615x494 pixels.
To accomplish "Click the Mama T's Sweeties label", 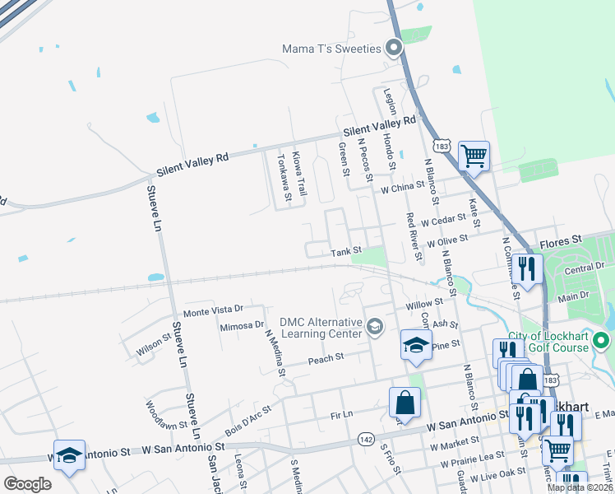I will [x=332, y=49].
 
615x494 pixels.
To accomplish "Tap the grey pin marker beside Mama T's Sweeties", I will [x=394, y=48].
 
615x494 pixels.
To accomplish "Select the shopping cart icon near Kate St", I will [x=474, y=154].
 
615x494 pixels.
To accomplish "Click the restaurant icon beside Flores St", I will [x=526, y=268].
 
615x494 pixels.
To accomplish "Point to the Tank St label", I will [x=346, y=252].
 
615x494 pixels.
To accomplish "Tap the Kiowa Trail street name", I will [x=301, y=175].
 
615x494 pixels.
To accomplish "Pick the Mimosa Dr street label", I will [x=242, y=326].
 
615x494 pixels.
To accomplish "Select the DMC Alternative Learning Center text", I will [x=321, y=327].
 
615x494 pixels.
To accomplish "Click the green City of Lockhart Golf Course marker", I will [x=601, y=339].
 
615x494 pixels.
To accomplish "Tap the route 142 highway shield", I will [x=367, y=440].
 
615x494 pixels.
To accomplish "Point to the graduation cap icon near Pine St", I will [x=416, y=344].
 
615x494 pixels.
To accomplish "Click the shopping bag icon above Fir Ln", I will [x=405, y=403].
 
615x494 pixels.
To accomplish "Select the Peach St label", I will [x=324, y=360].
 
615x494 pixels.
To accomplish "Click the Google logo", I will [x=27, y=484].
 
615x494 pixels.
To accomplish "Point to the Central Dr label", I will [x=585, y=268].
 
